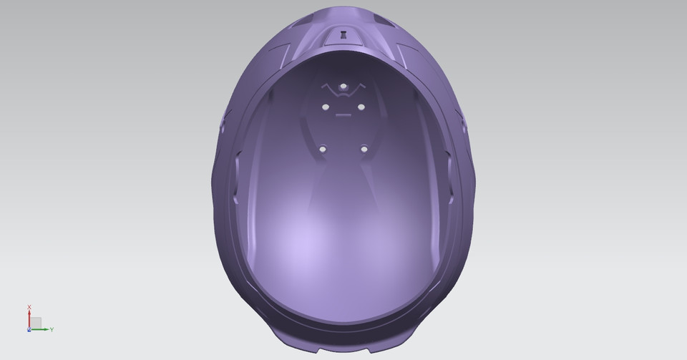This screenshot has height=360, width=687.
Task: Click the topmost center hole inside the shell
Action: pos(343,87)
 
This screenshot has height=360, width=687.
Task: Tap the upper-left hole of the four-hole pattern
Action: pos(325,107)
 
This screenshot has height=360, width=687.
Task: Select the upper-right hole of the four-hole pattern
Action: pos(361,107)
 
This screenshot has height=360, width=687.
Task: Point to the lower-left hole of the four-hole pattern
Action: pos(323,149)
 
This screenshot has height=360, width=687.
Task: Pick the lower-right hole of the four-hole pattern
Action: pos(364,149)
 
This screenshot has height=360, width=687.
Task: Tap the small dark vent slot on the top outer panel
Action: pos(343,33)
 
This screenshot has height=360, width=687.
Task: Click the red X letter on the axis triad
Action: pos(29,307)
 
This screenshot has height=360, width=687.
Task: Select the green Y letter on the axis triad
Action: pos(52,329)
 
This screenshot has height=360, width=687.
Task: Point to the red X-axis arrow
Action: pos(29,318)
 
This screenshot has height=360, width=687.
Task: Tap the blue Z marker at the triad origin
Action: pos(29,329)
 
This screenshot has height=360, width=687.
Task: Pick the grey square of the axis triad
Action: pos(36,323)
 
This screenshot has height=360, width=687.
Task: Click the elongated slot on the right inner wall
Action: pos(449,172)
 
